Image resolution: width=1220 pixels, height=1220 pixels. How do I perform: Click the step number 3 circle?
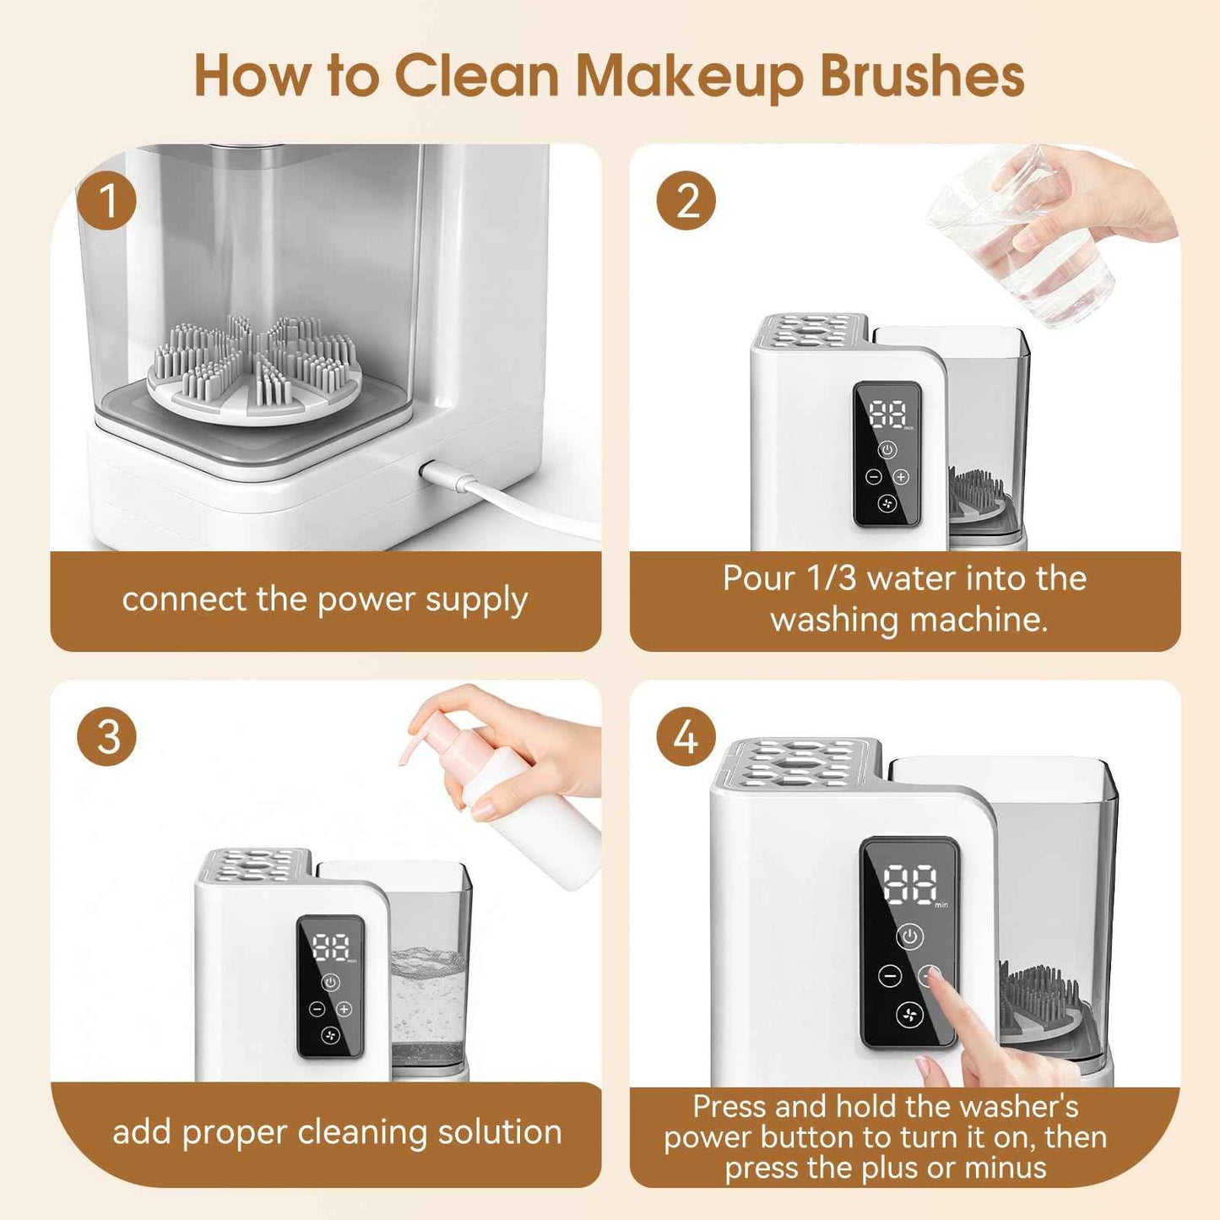[x=106, y=737]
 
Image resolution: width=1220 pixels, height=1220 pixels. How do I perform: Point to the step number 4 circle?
[x=686, y=737]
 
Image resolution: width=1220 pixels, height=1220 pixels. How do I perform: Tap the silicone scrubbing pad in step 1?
[x=255, y=365]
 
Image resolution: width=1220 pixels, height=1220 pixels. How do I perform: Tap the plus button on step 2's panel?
[x=902, y=477]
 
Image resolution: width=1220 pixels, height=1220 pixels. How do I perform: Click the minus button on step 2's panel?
[x=875, y=477]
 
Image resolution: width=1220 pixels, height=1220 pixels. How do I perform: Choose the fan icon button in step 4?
[x=909, y=1015]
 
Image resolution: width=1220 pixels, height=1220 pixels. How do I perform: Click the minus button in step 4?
[x=889, y=977]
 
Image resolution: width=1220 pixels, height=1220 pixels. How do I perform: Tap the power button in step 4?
[x=909, y=936]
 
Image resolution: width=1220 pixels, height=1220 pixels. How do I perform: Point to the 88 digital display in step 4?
[x=910, y=884]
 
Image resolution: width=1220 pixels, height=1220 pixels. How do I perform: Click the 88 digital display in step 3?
[x=331, y=947]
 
